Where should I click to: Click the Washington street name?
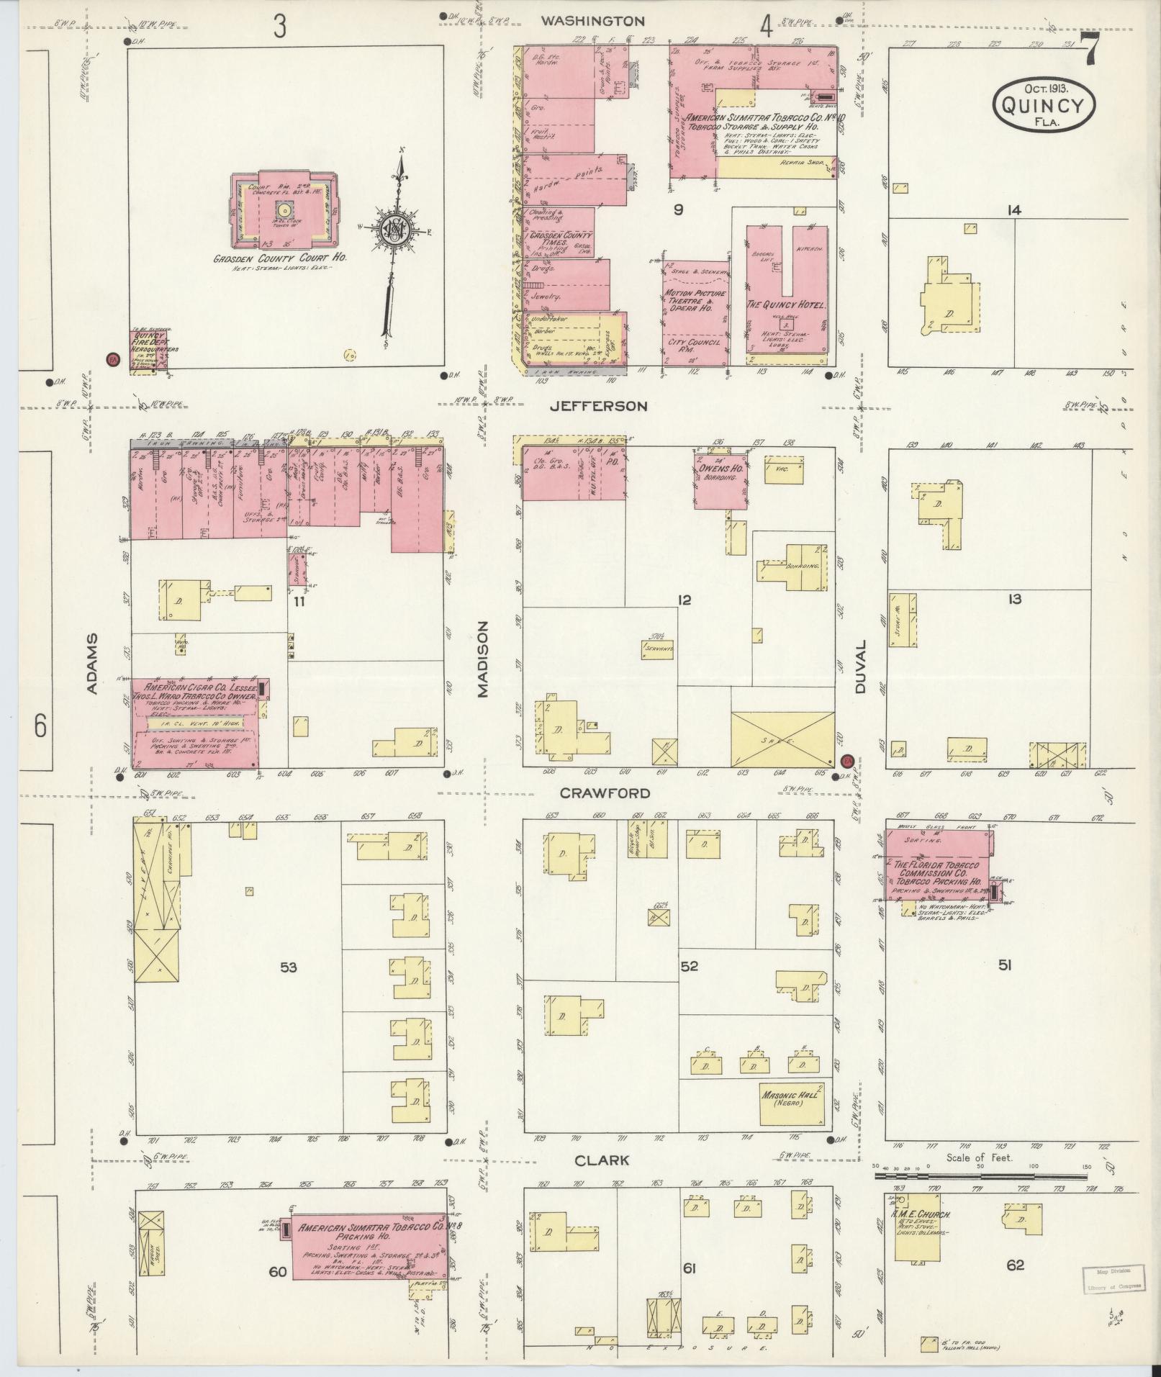[x=592, y=22]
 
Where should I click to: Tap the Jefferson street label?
[x=598, y=406]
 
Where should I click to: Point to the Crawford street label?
[x=605, y=793]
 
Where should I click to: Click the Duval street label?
[x=863, y=666]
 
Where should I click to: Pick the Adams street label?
[x=92, y=664]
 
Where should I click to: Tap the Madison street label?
[x=482, y=659]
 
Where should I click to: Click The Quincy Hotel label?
[x=787, y=305]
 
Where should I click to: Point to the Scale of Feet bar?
[x=980, y=1175]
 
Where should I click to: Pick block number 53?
[x=288, y=967]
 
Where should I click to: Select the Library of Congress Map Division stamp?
[x=1111, y=1279]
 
